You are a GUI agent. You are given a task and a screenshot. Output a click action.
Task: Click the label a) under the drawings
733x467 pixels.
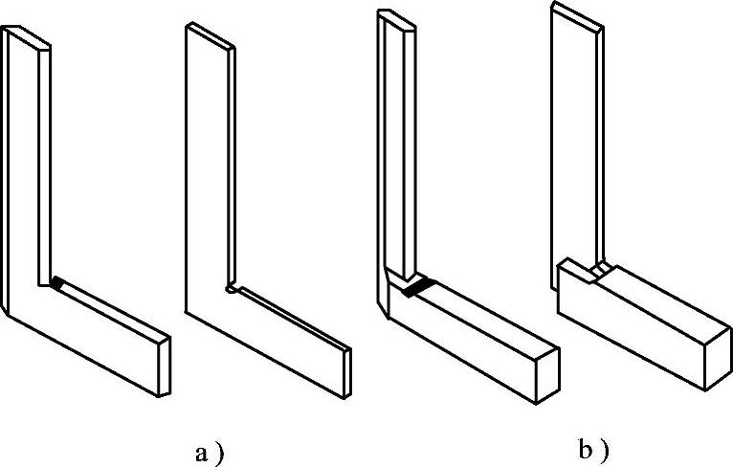tap(209, 450)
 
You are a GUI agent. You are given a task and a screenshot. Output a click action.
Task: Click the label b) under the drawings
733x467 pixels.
tap(594, 449)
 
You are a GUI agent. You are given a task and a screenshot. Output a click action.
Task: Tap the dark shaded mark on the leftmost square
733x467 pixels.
tap(59, 283)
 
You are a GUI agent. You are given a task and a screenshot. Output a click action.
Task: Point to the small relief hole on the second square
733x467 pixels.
tap(230, 285)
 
